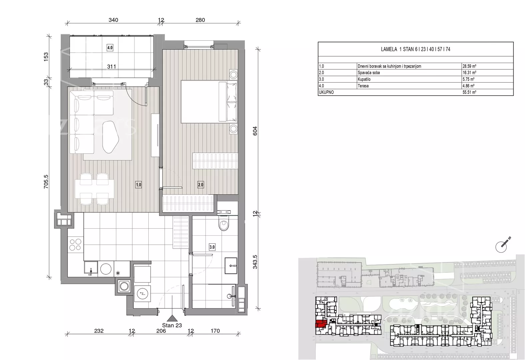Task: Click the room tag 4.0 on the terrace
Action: point(110,48)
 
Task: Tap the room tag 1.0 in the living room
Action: point(139,185)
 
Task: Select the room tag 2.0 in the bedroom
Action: point(201,185)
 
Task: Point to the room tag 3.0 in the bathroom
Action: point(212,247)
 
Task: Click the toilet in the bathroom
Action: point(223,223)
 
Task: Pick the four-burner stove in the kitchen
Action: point(76,245)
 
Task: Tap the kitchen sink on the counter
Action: point(91,268)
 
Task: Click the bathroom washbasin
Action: point(231,266)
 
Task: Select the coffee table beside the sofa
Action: point(111,137)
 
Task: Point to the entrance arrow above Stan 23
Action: point(172,318)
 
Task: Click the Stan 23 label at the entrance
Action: point(172,325)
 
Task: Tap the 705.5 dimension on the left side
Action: point(46,182)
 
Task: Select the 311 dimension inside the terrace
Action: point(112,67)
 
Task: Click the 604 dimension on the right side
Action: point(255,131)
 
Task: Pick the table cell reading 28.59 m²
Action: point(469,66)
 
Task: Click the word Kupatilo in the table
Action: point(364,79)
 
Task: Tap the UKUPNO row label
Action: point(326,92)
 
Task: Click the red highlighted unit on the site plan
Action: point(321,324)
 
